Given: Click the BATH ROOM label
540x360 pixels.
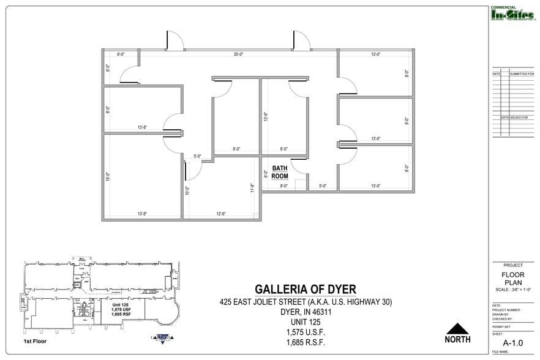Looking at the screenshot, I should tap(280, 172).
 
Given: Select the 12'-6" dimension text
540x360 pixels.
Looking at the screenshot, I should tap(220, 214).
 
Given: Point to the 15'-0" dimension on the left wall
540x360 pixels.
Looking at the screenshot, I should tap(108, 177).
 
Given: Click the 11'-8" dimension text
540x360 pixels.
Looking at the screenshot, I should tap(252, 187).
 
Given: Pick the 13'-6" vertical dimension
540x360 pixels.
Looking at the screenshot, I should tap(265, 116).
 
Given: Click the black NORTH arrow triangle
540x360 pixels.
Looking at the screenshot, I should tap(457, 329).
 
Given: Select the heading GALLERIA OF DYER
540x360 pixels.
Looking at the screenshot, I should tap(305, 289).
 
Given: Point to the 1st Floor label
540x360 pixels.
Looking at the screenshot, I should tap(36, 340).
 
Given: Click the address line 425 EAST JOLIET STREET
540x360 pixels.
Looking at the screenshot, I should tap(305, 302).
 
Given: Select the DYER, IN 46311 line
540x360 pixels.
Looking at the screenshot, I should tap(305, 312).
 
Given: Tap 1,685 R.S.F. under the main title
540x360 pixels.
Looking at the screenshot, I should tap(305, 342).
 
